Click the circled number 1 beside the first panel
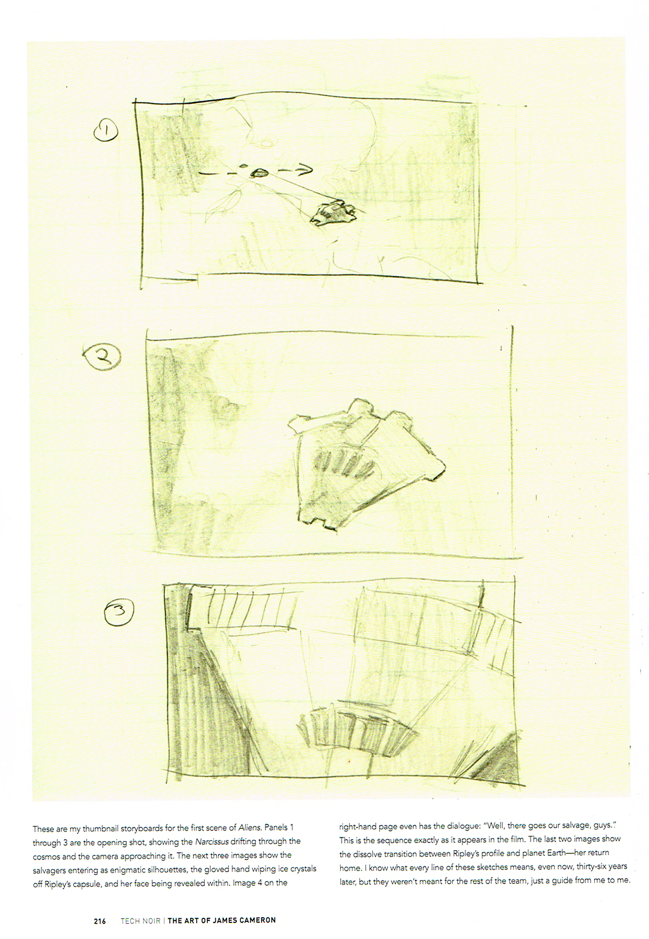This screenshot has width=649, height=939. (x=106, y=131)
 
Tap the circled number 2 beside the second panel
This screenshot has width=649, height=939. (x=102, y=357)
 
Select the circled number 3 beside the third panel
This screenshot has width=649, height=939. (x=119, y=612)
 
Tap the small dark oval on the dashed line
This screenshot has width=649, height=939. (x=260, y=173)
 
